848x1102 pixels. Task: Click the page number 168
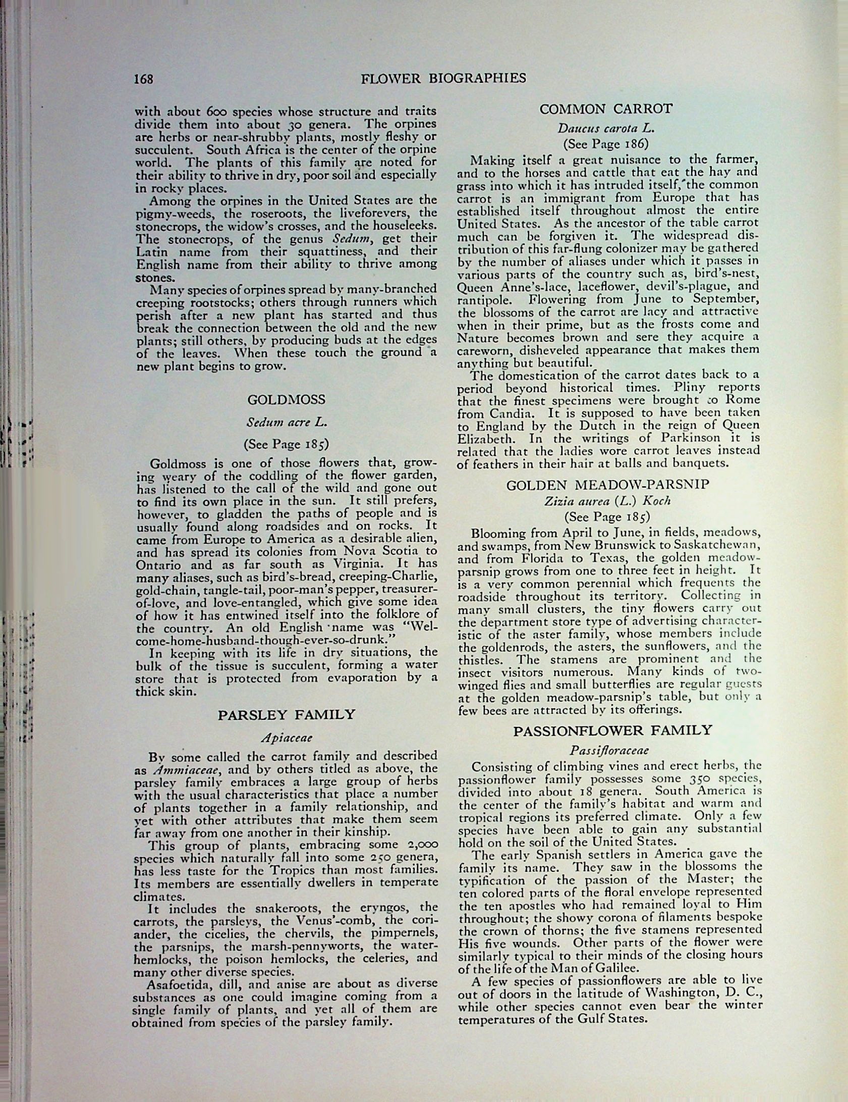coord(143,79)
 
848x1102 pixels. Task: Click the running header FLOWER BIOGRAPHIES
coord(443,78)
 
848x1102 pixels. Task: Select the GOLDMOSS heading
coord(286,400)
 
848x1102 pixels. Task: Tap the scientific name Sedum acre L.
coord(286,423)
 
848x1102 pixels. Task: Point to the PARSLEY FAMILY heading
coord(286,715)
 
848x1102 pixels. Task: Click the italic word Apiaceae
coord(287,737)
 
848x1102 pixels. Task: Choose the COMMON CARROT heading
coord(606,109)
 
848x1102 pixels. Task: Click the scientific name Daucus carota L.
coord(606,129)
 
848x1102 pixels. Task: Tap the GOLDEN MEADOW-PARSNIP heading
coord(608,485)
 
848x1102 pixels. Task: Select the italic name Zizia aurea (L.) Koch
coord(607,501)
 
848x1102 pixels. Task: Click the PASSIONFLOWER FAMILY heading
coord(612,730)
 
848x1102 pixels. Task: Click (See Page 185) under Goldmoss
coord(286,444)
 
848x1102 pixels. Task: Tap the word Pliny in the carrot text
coord(693,388)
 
